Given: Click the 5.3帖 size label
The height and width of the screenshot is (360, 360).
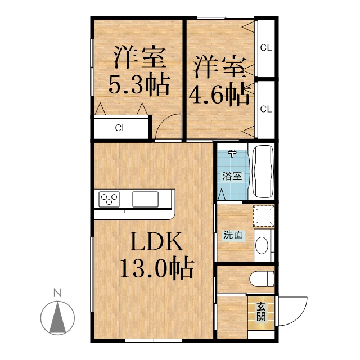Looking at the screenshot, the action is tap(139, 85).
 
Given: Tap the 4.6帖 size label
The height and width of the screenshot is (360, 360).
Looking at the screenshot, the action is tap(219, 94).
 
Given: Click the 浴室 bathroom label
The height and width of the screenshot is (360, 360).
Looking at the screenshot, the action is tap(232, 176).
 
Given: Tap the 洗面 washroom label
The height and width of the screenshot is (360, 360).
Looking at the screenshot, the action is tap(233, 235).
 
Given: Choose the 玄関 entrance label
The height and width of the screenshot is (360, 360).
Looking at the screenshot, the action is tap(261, 312).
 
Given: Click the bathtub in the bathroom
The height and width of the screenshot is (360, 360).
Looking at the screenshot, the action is tap(263, 171).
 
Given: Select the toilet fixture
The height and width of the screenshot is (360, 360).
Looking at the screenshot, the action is tap(262, 279).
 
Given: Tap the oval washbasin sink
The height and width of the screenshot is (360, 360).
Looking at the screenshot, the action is tap(262, 245).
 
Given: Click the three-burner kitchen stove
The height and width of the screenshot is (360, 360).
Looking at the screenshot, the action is tap(109, 199).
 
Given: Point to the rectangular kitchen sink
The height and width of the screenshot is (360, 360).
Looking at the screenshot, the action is tap(145, 199).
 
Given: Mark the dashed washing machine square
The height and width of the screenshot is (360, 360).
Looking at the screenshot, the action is tap(264, 216).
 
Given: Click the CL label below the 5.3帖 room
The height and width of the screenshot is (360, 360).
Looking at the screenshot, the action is tap(121, 128).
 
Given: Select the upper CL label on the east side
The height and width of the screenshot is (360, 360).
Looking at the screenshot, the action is tap(266, 48).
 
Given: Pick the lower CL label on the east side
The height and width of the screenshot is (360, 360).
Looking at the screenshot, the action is tap(266, 109).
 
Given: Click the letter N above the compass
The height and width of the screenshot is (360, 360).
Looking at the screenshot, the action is tap(57, 293).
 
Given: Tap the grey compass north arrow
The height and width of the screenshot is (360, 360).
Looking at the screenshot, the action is tap(57, 319).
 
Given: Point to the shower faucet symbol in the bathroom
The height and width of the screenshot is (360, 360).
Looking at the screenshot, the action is tap(232, 154).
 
